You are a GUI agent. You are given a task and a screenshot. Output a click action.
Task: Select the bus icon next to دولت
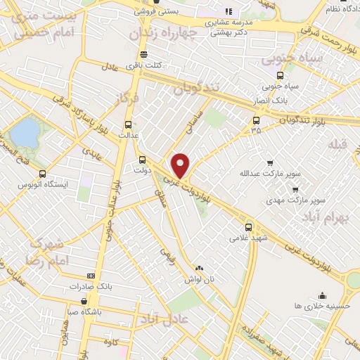[x=143, y=160]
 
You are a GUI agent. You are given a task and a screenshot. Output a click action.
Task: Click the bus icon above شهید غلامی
[x=248, y=227]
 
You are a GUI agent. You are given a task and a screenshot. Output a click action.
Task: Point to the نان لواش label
[x=199, y=279]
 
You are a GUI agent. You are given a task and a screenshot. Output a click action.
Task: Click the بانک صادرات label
[x=91, y=287]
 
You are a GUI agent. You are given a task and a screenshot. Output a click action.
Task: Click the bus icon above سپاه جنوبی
[x=281, y=75]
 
